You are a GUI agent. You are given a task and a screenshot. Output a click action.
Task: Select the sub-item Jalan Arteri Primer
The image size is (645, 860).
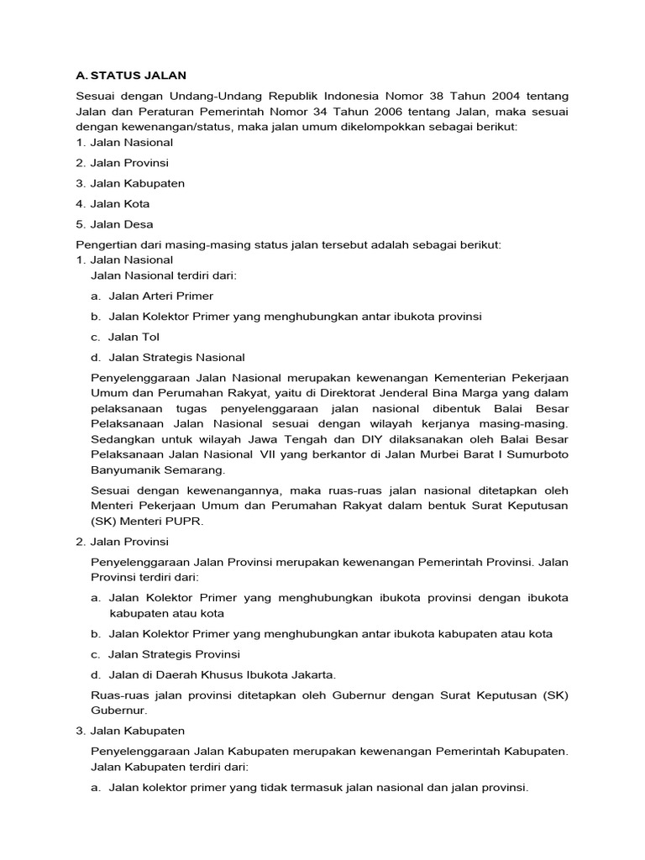coord(160,296)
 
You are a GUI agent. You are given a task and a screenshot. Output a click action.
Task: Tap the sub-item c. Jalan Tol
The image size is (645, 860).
coord(134,337)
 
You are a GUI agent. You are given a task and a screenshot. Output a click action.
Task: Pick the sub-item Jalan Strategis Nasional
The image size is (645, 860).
coord(176,357)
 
